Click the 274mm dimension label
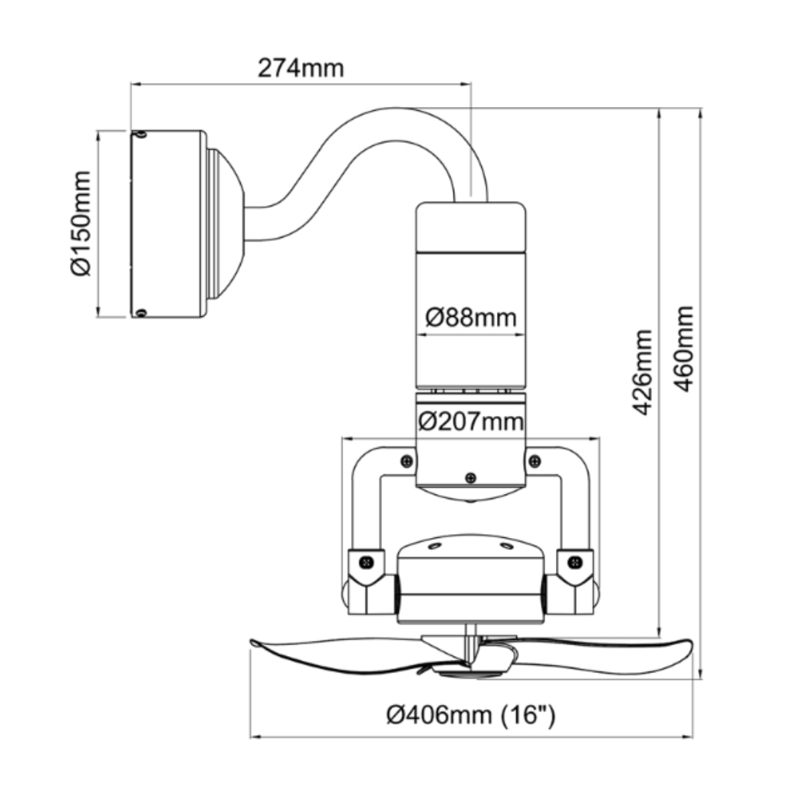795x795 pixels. [300, 68]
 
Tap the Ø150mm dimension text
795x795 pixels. [81, 224]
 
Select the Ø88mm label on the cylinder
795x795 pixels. [471, 318]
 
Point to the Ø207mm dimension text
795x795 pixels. [470, 422]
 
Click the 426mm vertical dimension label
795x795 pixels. [644, 372]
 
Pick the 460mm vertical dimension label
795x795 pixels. [685, 349]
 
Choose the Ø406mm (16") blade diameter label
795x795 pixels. [471, 715]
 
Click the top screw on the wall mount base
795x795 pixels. [141, 134]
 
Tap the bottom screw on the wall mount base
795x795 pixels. [141, 313]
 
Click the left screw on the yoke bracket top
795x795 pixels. [407, 461]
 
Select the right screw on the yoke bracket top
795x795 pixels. [534, 461]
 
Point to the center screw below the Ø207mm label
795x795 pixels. [470, 477]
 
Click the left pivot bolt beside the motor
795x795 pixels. [366, 562]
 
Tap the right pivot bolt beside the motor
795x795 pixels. [575, 562]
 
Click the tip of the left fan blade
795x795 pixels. [252, 643]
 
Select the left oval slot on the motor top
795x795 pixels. [435, 546]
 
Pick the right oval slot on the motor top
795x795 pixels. [506, 546]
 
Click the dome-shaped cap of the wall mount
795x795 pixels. [225, 224]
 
